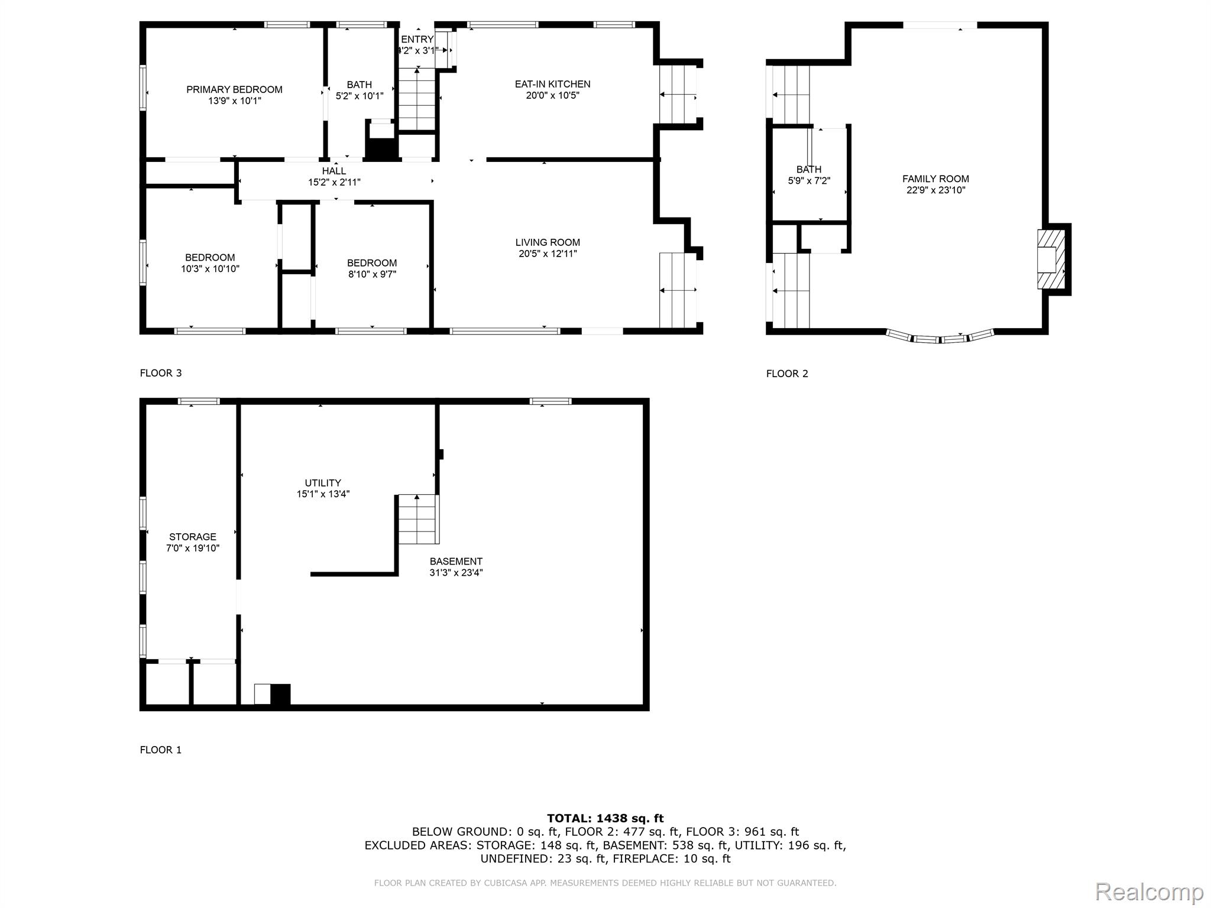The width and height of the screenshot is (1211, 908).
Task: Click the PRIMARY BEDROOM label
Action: pos(234,90)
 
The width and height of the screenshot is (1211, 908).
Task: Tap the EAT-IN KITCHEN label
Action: pos(552,85)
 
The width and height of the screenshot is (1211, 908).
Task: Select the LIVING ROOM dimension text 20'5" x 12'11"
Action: pos(548,254)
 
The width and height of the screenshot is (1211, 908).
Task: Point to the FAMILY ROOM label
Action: pos(935,179)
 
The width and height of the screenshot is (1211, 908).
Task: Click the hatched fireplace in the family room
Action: pos(1051,260)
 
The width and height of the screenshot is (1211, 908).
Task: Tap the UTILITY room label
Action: pos(323,483)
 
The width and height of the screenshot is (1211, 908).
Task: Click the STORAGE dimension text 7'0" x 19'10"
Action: pos(193,549)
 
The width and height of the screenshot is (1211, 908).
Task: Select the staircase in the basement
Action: pos(417,520)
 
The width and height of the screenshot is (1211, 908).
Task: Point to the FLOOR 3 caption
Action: pos(161,373)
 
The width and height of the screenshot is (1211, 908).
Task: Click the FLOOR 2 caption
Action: pos(787,374)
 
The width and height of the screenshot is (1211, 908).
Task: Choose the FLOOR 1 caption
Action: pos(161,750)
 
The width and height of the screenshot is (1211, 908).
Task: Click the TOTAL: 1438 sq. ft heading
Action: pos(605,819)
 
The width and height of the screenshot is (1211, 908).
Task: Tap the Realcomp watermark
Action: pos(1150,891)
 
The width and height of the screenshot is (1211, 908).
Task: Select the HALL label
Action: pos(334,171)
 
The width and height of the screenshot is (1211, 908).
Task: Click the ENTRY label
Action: pos(417,40)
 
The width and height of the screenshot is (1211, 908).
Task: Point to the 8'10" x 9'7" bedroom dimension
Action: pos(372,274)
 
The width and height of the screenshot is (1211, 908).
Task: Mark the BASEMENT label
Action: pos(456,562)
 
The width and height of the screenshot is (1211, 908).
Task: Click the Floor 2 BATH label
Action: pos(809,170)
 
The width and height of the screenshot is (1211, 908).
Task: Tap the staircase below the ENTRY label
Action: pos(417,99)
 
